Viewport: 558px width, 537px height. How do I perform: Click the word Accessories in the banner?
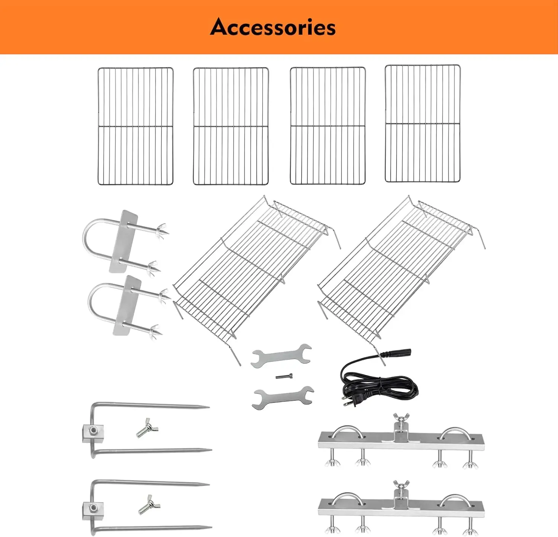(x=273, y=28)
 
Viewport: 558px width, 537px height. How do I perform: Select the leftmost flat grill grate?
(x=135, y=126)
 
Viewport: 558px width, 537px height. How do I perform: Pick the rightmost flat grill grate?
(x=423, y=123)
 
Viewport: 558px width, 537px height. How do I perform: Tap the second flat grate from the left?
(x=231, y=126)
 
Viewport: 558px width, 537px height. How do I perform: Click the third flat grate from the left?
(x=327, y=126)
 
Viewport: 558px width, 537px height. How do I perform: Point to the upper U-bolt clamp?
(x=123, y=242)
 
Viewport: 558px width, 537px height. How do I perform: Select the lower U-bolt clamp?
(x=126, y=305)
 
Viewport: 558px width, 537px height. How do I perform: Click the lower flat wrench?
(x=282, y=397)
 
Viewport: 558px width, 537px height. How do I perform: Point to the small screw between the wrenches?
(x=284, y=376)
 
